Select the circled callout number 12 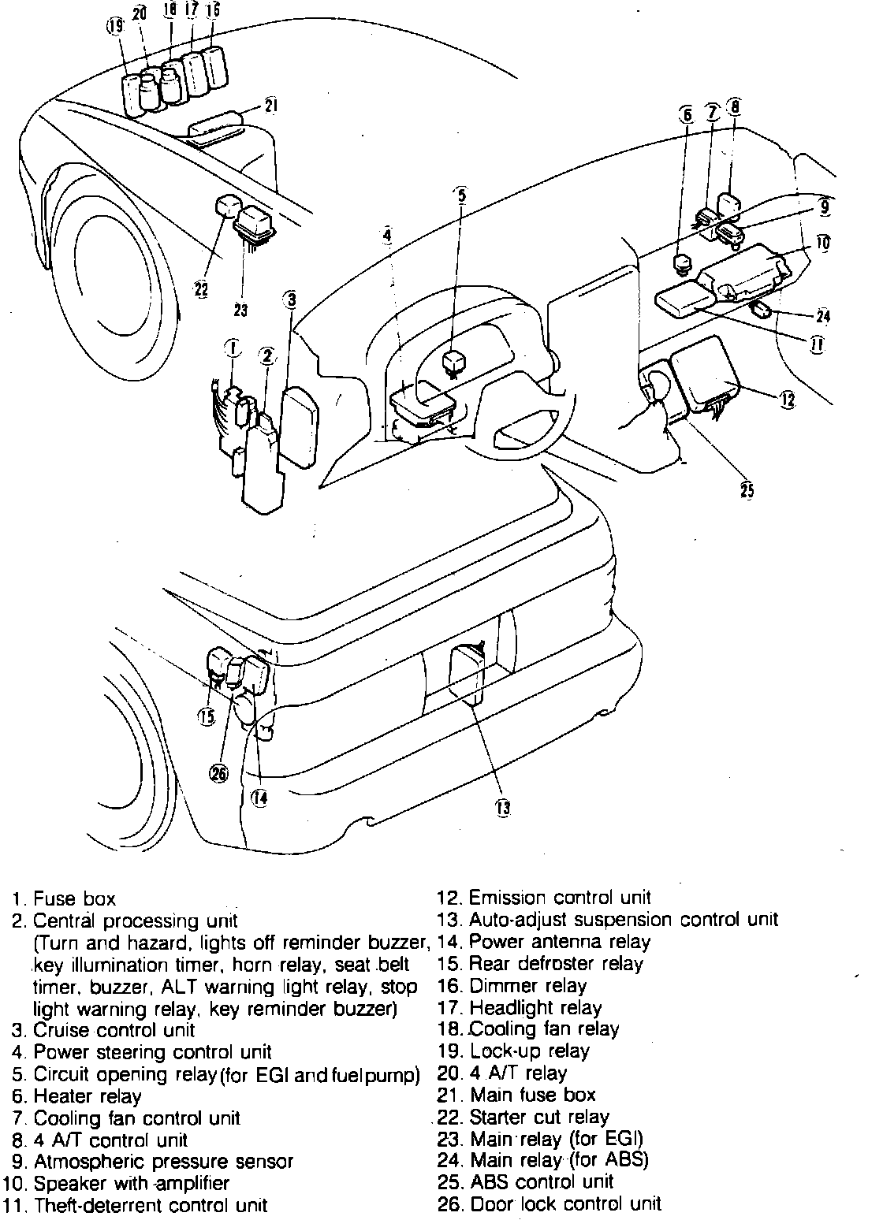tap(788, 400)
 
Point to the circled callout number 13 tap(503, 806)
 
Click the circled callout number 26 tap(218, 774)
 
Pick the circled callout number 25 tap(747, 490)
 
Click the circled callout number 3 tap(292, 299)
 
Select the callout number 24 tap(823, 317)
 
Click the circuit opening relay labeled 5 tap(456, 362)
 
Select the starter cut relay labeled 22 tap(226, 208)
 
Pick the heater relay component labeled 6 tap(683, 262)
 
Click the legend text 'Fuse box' tap(76, 898)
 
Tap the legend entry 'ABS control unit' tap(541, 1181)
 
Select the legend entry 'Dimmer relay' tap(527, 985)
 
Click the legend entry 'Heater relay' tap(88, 1096)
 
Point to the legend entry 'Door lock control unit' tap(564, 1203)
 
